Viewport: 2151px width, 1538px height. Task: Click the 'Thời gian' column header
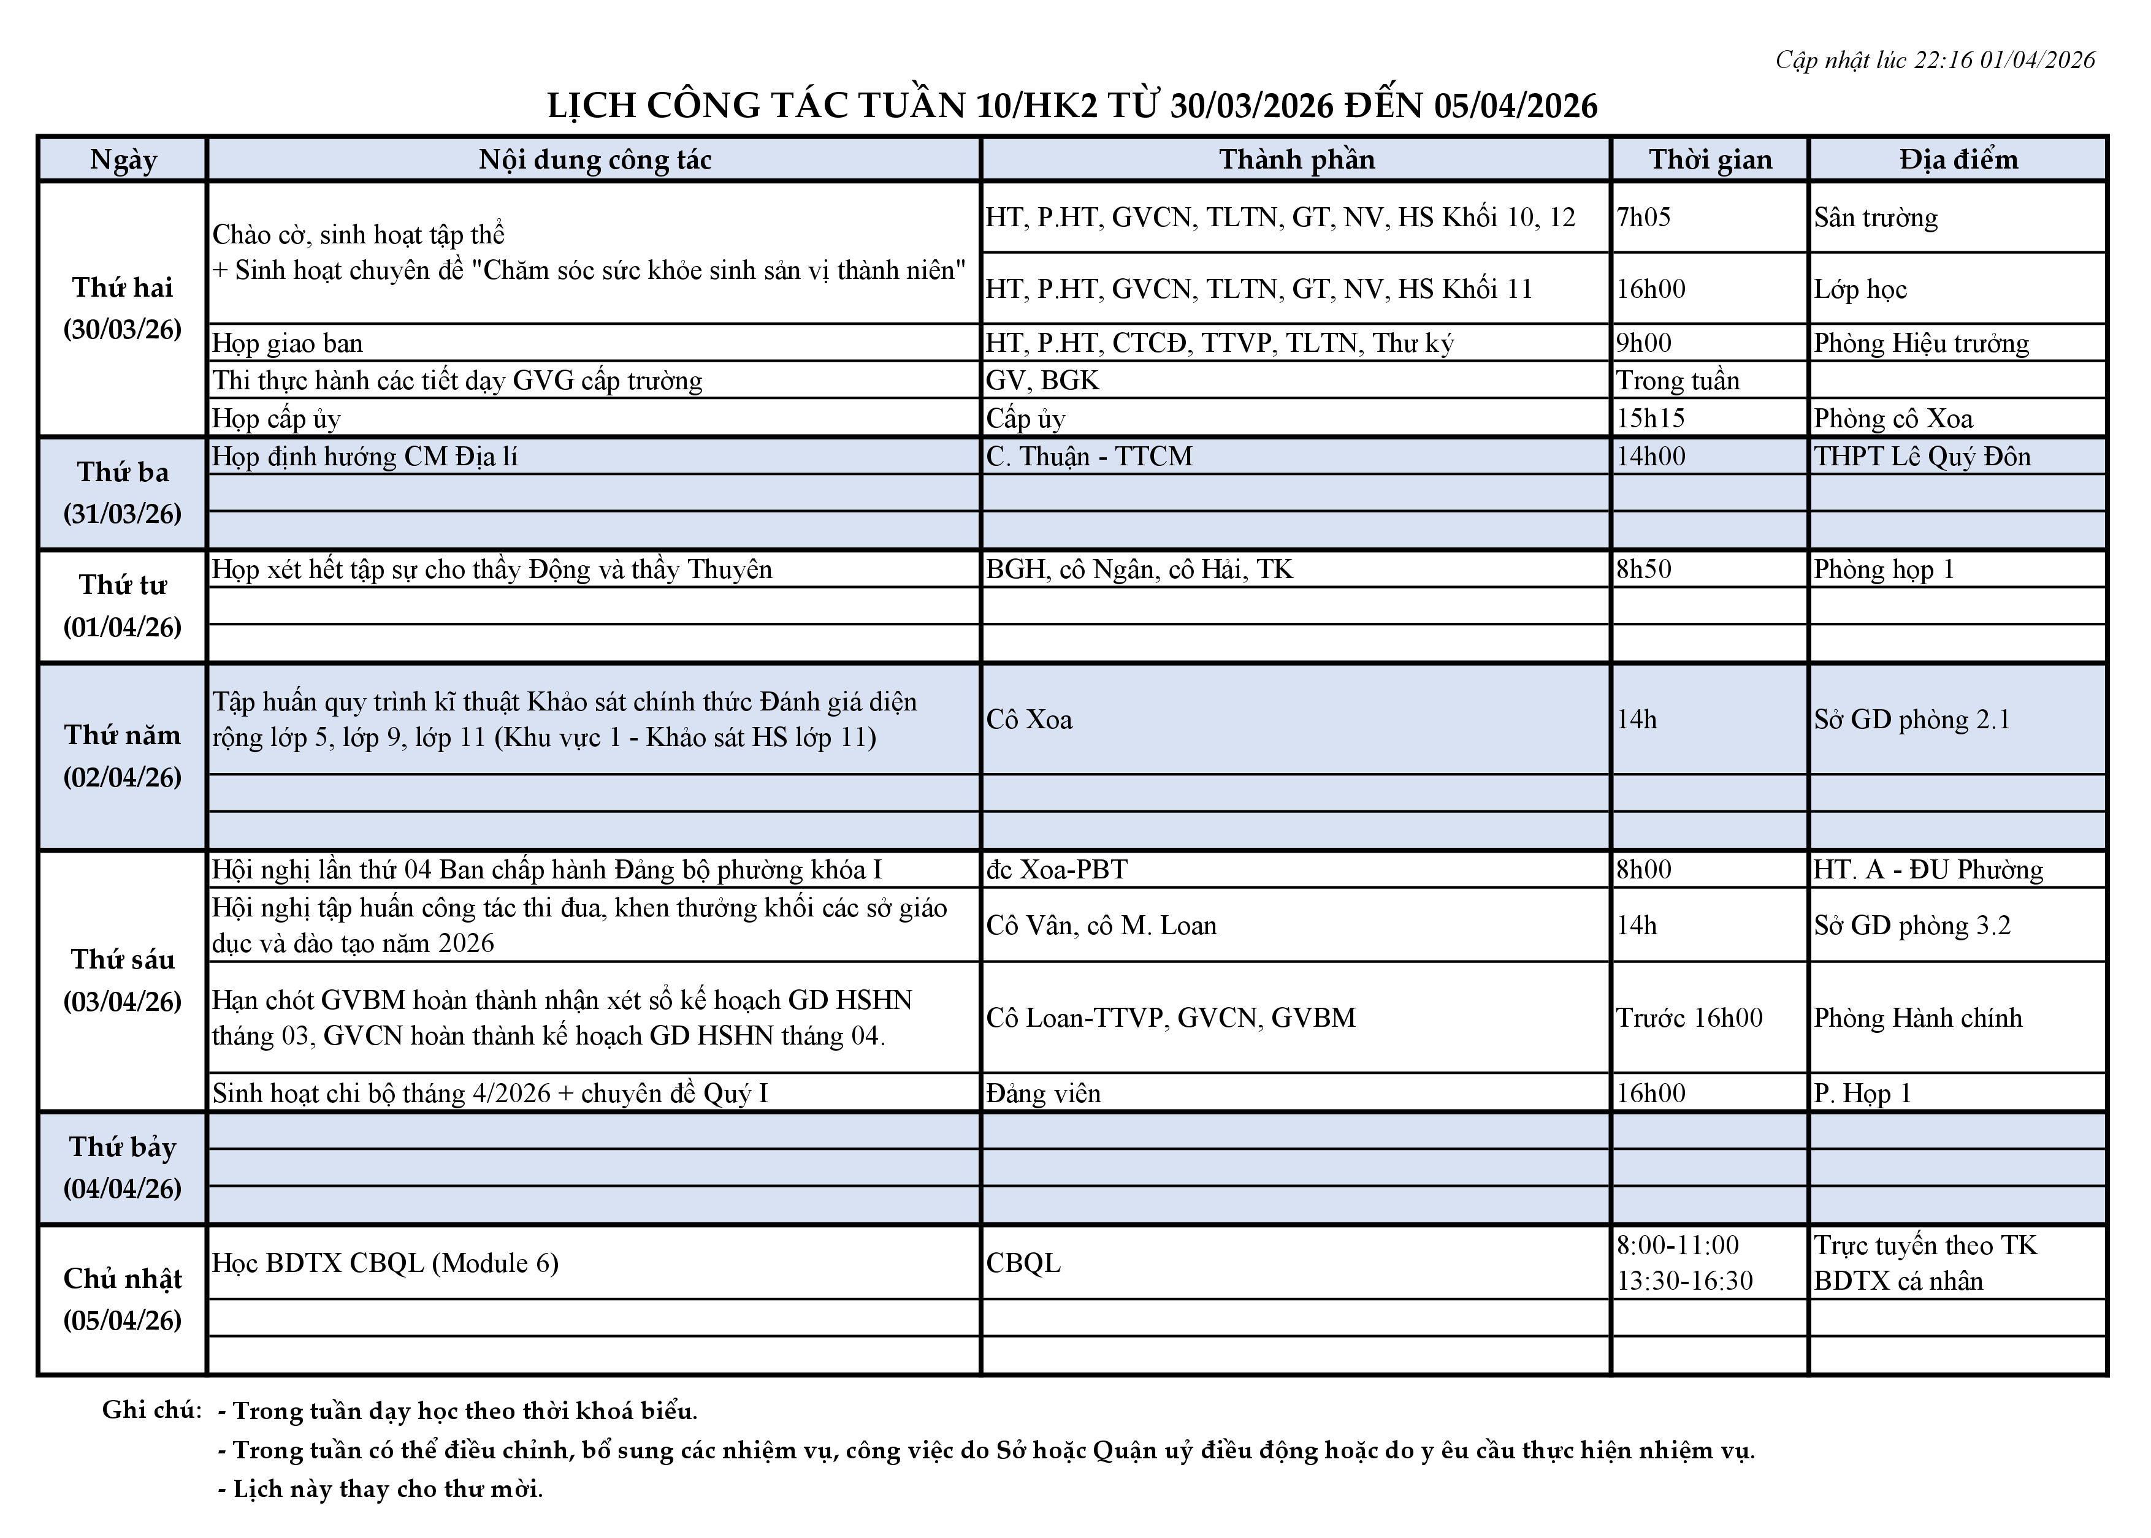[1710, 159]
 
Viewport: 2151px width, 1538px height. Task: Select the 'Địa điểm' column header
[1958, 159]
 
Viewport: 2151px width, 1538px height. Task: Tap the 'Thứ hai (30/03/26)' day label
[122, 308]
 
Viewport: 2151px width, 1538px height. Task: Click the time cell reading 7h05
[1643, 218]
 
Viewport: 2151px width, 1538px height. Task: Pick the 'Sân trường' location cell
[1875, 218]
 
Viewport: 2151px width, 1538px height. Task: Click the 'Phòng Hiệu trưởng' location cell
[1921, 343]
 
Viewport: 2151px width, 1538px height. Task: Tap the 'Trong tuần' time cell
[1678, 381]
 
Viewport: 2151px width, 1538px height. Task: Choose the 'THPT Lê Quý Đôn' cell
[1922, 457]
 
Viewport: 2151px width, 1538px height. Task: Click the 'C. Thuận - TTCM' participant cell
[1088, 457]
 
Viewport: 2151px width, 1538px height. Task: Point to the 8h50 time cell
[1643, 569]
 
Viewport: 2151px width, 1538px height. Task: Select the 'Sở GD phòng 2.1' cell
[1911, 720]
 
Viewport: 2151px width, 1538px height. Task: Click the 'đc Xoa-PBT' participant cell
[1056, 869]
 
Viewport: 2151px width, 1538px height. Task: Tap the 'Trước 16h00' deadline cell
[1689, 1018]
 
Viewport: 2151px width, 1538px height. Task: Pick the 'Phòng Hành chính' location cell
[1917, 1018]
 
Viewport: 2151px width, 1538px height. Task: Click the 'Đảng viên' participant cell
[1043, 1094]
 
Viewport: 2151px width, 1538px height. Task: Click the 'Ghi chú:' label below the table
[151, 1410]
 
